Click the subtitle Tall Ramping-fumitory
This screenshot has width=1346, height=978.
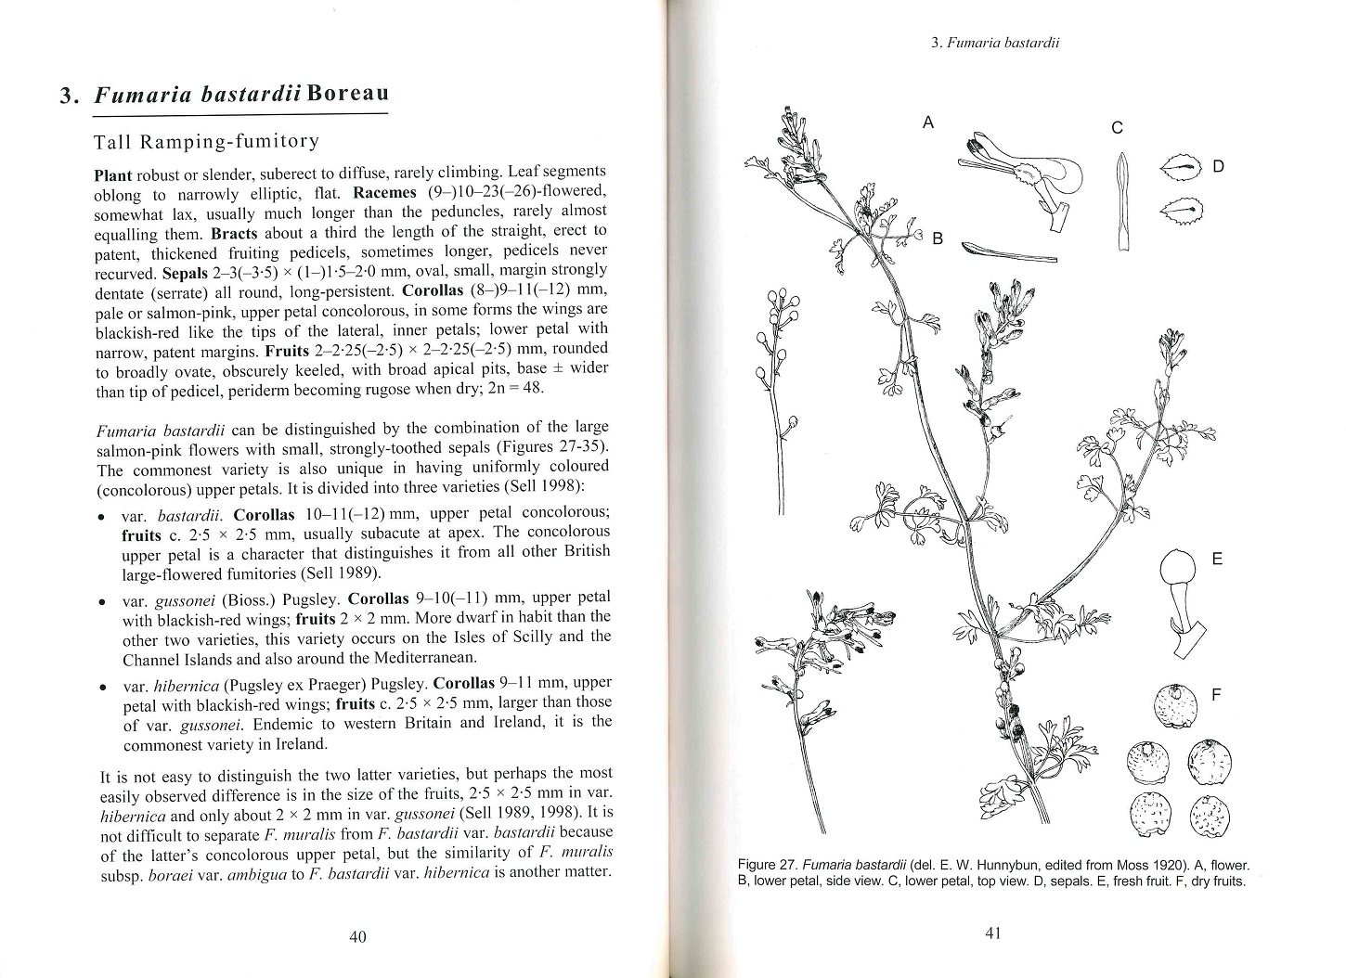207,142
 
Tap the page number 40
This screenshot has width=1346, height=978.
357,936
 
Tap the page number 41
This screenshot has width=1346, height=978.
992,933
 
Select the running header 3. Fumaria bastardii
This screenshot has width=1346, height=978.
995,44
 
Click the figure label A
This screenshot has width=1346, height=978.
927,122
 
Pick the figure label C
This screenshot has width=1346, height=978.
1118,128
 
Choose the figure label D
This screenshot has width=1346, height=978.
1219,167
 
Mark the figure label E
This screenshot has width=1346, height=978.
1218,559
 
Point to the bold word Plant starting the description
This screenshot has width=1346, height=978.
114,175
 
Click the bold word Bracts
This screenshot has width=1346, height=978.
234,233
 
